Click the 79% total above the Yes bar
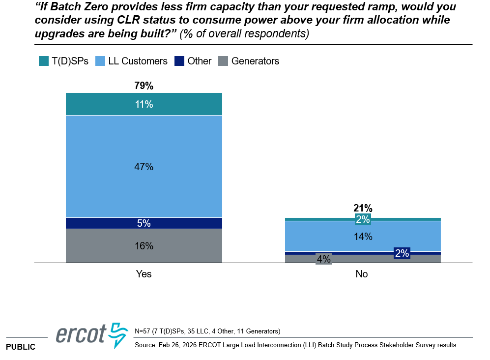pos(144,86)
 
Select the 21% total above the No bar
pos(363,208)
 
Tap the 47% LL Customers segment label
pos(144,167)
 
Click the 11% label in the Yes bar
pos(144,104)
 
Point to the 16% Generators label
pos(144,246)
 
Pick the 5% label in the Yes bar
pos(144,223)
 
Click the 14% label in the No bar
pos(363,237)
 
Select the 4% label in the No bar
pos(323,259)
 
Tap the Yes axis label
pos(144,274)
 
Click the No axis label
pos(362,274)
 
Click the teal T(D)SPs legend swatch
pos(43,61)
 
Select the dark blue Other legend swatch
pos(179,61)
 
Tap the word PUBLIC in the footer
pos(21,347)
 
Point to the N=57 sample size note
pos(207,331)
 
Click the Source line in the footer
pos(295,345)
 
